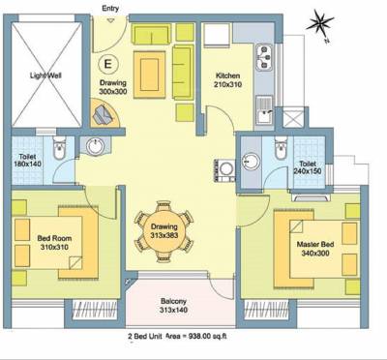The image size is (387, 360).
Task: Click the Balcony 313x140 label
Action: coord(181,306)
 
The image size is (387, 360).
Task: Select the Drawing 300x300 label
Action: coord(113,88)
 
